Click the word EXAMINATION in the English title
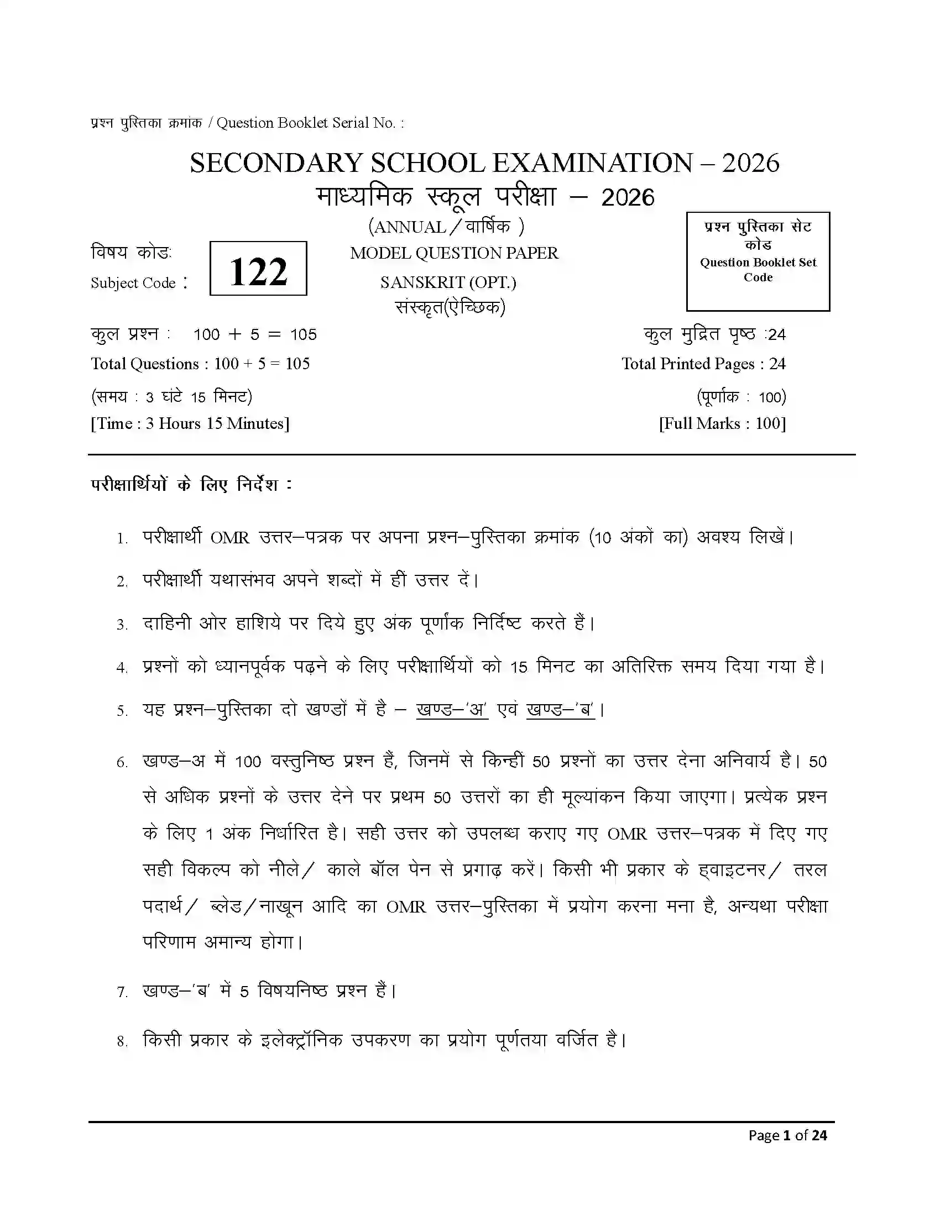593,163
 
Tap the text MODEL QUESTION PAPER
454,253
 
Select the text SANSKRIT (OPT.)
448,282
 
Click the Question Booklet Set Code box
758,261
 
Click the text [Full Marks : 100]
722,423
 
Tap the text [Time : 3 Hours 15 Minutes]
190,423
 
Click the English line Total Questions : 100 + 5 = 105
201,364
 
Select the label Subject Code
134,283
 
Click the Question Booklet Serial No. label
310,123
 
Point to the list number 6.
122,763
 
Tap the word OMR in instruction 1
229,538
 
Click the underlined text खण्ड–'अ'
452,710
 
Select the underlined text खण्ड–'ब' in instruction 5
560,710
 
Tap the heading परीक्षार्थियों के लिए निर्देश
191,484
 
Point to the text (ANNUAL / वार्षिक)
446,226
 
